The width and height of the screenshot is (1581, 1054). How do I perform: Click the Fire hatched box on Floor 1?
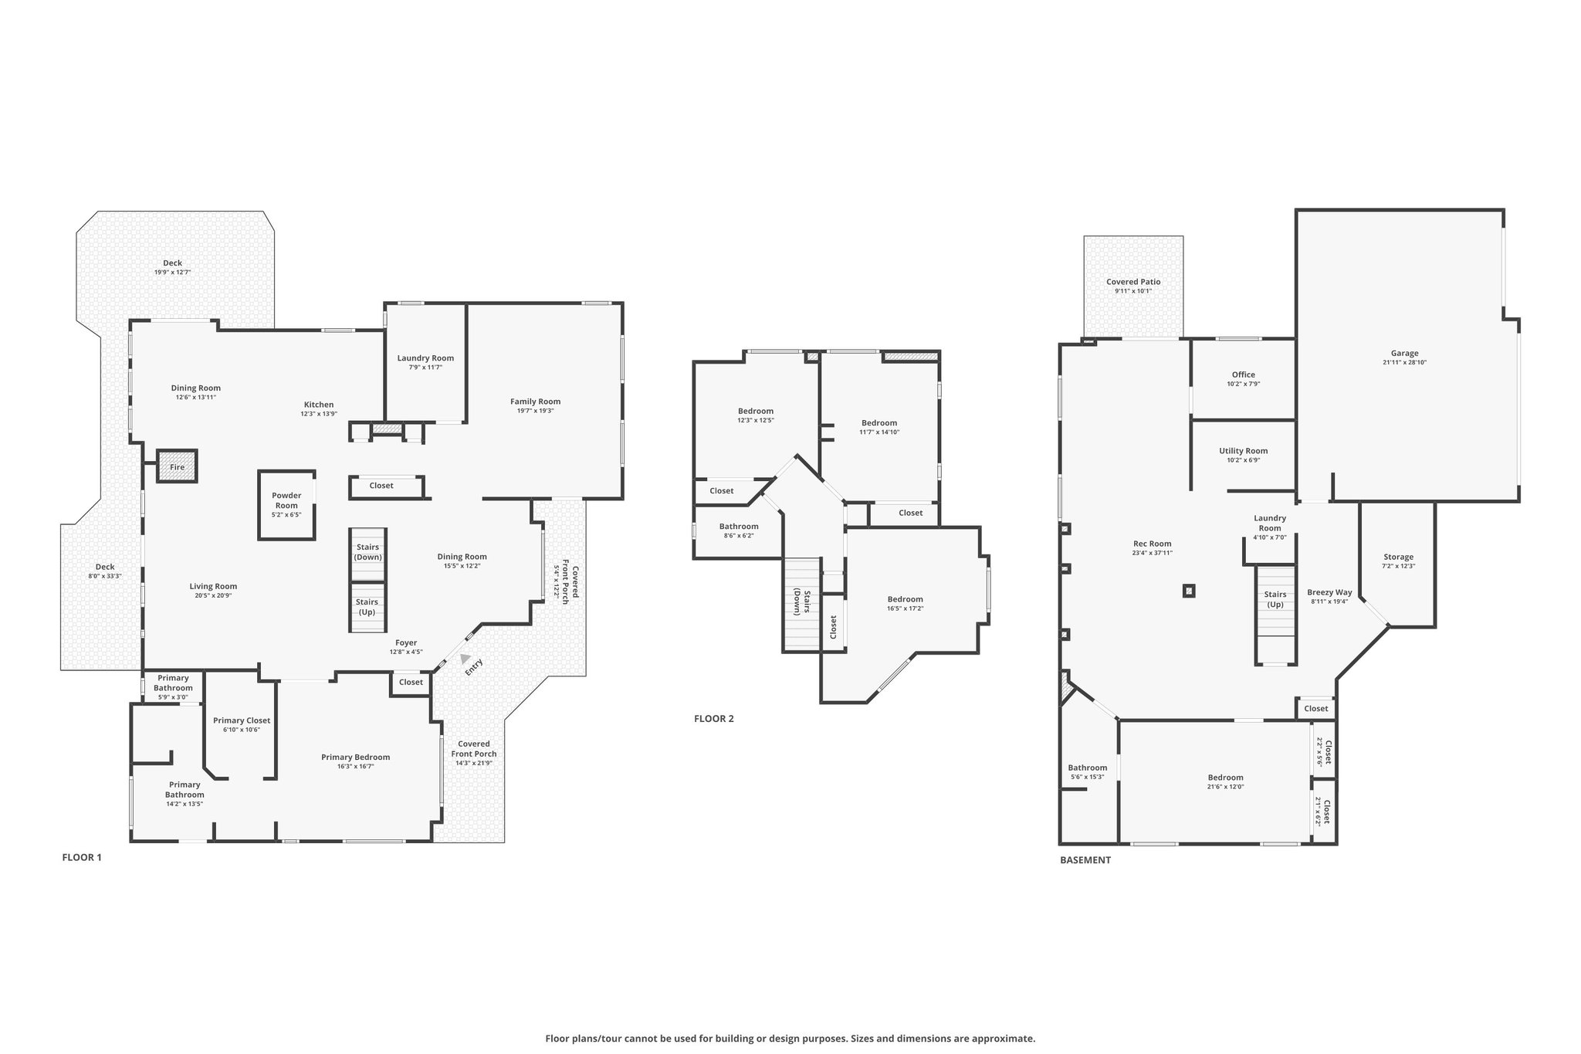(x=178, y=466)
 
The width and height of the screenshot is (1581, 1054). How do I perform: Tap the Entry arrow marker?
(x=465, y=659)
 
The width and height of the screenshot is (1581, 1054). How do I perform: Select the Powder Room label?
(x=286, y=500)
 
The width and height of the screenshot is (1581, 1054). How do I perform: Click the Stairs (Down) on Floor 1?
(x=367, y=554)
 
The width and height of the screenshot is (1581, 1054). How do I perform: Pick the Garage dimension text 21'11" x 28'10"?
(x=1404, y=362)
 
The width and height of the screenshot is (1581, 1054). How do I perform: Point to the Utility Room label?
(x=1243, y=451)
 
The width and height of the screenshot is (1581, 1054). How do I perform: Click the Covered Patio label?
(x=1133, y=282)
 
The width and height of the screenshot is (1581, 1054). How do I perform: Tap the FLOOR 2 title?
(x=714, y=719)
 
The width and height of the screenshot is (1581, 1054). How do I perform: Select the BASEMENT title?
(x=1085, y=859)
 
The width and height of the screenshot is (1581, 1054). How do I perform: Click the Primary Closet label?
(x=242, y=720)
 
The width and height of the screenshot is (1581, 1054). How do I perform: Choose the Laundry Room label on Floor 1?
(x=425, y=358)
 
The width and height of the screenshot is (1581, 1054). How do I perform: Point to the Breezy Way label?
(x=1329, y=592)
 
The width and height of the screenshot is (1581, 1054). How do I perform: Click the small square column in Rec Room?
(x=1189, y=591)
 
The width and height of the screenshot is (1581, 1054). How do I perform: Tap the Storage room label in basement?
(x=1398, y=557)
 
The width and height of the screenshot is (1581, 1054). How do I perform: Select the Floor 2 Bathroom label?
(x=739, y=527)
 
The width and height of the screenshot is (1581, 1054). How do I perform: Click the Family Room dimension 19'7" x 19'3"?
(x=535, y=411)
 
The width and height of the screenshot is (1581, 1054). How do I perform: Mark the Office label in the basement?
(x=1243, y=374)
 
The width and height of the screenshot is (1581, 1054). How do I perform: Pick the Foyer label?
(x=406, y=642)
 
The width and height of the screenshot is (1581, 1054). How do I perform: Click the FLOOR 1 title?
(x=82, y=857)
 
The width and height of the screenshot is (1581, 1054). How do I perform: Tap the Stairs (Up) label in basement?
(x=1275, y=599)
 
